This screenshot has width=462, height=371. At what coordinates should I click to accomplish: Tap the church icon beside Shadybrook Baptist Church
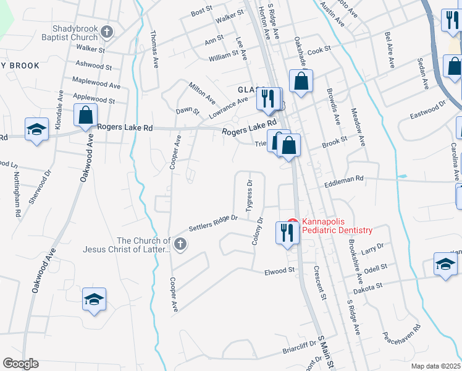tap(107, 32)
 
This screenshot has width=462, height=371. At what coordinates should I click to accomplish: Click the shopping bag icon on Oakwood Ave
tap(85, 115)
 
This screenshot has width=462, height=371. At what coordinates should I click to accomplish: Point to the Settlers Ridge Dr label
tap(213, 222)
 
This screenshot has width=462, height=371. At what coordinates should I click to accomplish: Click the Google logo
tap(20, 364)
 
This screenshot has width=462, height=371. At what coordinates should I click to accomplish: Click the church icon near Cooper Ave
tap(180, 244)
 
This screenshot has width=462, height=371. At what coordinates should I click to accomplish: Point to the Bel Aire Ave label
tap(390, 50)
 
